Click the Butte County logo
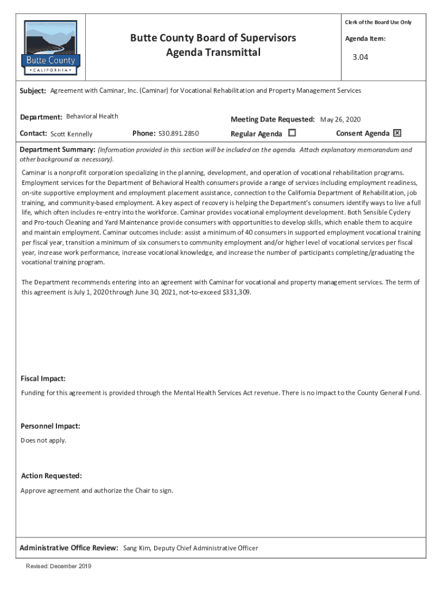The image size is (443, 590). point(51,48)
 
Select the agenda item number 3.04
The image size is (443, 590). point(360,58)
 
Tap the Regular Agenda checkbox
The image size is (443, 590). point(292,133)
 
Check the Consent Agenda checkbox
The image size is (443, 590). point(397,133)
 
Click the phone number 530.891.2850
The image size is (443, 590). point(178,134)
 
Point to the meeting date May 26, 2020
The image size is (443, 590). point(340,120)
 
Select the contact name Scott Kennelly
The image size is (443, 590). point(71,134)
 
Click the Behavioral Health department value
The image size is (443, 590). point(92,116)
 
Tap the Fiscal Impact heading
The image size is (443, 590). point(43,379)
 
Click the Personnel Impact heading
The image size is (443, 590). point(50,426)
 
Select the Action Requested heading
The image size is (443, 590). point(51,476)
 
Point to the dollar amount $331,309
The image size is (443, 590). point(235,292)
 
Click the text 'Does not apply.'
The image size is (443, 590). point(44,440)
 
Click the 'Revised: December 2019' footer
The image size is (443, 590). point(59,566)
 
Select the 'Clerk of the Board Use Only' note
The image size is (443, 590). point(378,22)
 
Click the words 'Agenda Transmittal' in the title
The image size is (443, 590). point(213,53)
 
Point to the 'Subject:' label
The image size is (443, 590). point(33,91)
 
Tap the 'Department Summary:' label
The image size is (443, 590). point(58,150)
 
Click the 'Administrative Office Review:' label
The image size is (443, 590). point(69,548)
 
